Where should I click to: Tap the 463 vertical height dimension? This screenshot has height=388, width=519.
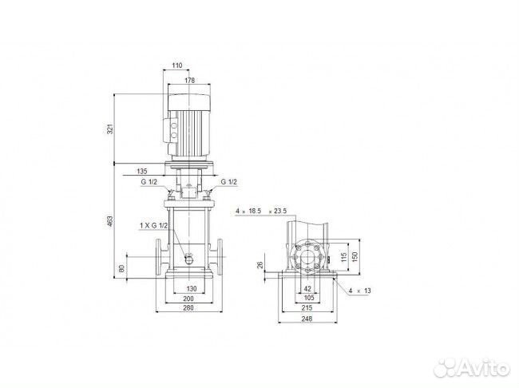(x=110, y=221)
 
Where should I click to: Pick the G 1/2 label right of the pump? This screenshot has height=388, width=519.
(x=228, y=183)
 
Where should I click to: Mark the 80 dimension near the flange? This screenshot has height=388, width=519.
(x=121, y=268)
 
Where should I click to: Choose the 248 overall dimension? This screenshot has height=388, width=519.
(x=307, y=317)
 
